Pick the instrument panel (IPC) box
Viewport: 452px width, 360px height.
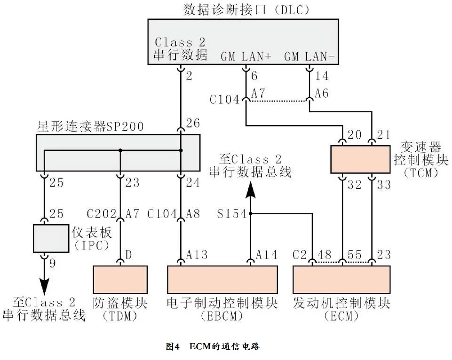point(51,238)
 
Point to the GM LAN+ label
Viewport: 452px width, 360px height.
point(246,57)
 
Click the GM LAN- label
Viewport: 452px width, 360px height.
point(309,57)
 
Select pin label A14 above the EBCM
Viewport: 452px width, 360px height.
point(267,255)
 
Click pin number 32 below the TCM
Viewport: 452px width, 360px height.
point(355,185)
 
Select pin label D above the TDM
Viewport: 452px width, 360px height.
point(128,255)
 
